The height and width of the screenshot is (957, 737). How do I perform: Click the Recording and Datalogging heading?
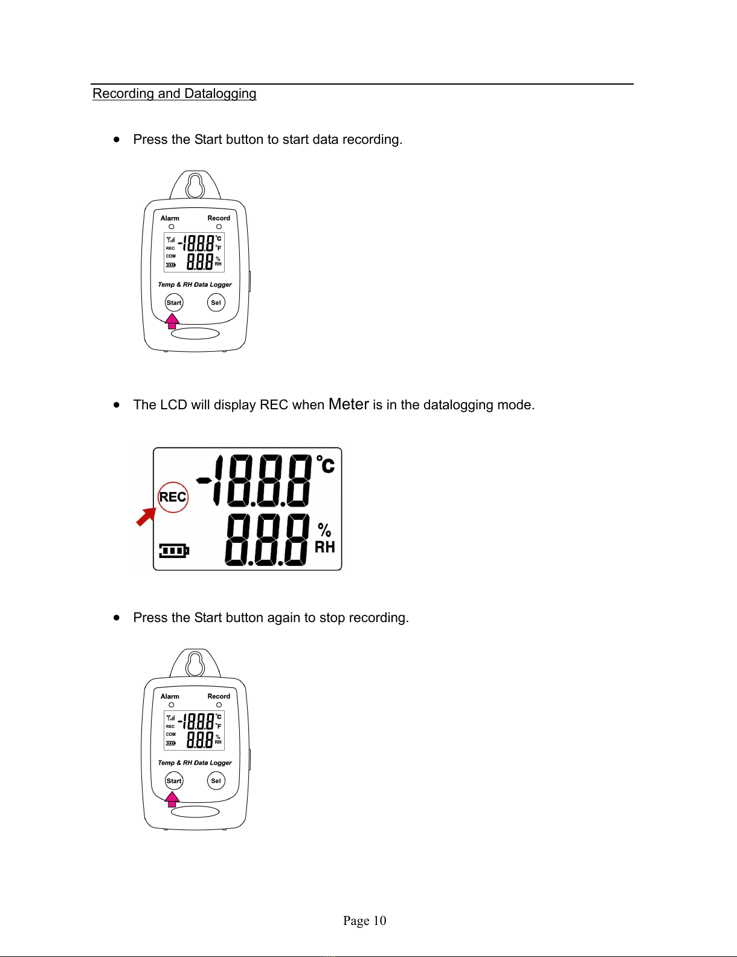tap(174, 94)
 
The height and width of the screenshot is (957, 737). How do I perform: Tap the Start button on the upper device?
tap(174, 302)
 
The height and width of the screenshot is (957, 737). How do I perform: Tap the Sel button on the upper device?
tap(216, 302)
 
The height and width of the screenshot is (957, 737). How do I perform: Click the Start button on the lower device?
tap(174, 780)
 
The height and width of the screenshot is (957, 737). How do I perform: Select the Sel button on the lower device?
tap(216, 780)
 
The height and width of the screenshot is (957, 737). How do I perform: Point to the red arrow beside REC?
tap(146, 517)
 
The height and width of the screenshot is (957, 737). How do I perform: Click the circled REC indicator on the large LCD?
tap(173, 497)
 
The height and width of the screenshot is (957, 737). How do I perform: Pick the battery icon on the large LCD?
tap(174, 551)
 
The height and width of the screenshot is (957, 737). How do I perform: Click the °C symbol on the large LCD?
tap(326, 464)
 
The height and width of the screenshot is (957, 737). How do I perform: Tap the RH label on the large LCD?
tap(324, 547)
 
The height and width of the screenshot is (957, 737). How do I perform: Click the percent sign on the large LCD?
tap(324, 530)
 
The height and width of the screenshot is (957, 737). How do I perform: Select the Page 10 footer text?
tap(364, 921)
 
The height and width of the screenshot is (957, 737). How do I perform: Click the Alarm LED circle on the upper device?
tap(172, 227)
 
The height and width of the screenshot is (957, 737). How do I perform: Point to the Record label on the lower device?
tap(219, 696)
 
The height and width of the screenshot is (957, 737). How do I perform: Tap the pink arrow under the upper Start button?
tap(172, 321)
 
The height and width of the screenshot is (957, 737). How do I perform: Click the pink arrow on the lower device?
tap(172, 799)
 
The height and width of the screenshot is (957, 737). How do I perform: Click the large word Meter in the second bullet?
tap(349, 404)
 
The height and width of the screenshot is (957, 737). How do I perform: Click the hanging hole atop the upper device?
tap(195, 186)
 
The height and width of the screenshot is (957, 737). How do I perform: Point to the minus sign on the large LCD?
tap(204, 481)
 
